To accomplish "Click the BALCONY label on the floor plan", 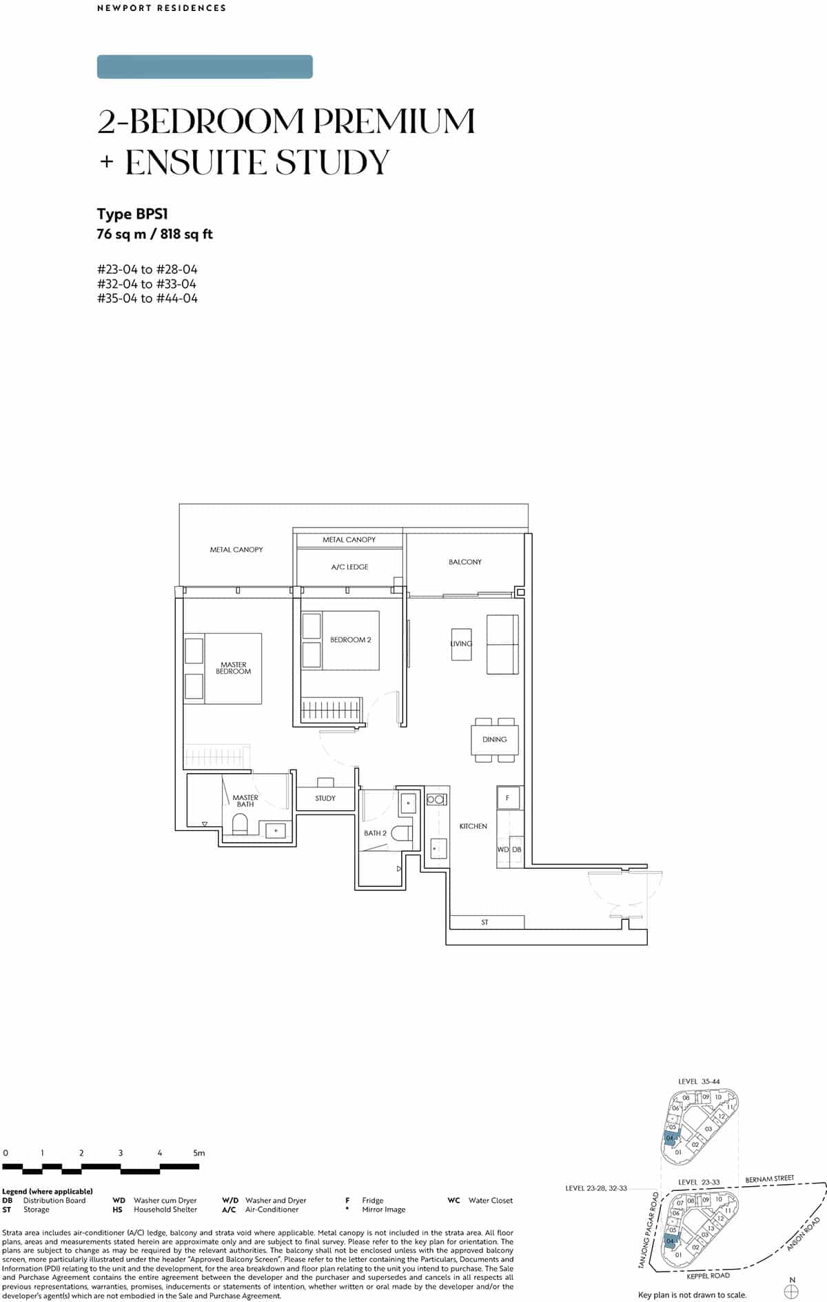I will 465,562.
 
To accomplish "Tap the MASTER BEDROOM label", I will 234,668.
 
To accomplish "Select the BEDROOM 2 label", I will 350,640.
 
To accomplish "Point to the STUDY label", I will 325,799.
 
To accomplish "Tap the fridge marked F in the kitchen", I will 508,798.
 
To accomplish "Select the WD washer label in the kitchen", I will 503,850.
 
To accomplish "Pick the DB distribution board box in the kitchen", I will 517,850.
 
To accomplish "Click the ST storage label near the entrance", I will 484,923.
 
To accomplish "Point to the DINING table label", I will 494,739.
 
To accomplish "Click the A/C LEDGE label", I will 349,567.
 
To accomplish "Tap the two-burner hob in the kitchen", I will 436,799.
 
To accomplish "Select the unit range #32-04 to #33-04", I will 147,284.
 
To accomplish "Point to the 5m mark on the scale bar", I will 198,1153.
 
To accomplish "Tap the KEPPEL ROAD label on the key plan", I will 708,1276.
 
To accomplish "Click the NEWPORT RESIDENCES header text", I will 162,8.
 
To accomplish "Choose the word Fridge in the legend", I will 373,1201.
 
